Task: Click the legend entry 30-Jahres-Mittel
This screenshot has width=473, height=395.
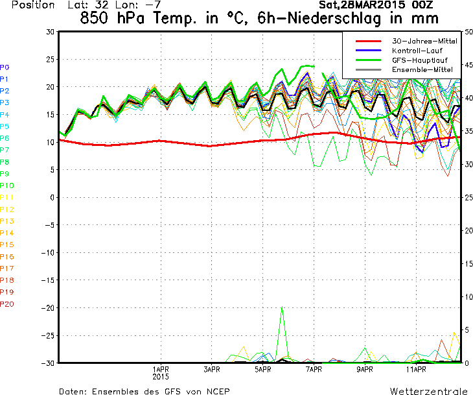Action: (424, 41)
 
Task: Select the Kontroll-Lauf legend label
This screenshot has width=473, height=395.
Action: (417, 51)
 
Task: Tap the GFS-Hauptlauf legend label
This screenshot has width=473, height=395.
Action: (420, 60)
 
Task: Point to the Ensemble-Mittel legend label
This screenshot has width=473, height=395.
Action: (422, 70)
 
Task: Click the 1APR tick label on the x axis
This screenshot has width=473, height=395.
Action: (161, 370)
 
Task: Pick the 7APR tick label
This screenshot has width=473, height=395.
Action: (314, 370)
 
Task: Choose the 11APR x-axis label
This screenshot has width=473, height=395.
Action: (416, 370)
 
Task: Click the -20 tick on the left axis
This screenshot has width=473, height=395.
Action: (48, 308)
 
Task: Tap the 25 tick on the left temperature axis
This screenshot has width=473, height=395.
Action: (51, 60)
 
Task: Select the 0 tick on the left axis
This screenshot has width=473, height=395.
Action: (52, 197)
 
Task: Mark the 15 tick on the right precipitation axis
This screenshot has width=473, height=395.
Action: (468, 263)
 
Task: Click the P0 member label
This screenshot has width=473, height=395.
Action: (5, 67)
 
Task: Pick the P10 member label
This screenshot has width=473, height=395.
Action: (7, 186)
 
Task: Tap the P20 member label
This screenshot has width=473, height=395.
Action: (7, 304)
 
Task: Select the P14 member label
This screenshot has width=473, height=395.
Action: (7, 233)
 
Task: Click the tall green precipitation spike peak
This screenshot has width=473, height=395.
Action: (282, 307)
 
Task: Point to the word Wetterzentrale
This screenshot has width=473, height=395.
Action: (429, 391)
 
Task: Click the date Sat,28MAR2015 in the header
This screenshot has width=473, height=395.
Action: (362, 5)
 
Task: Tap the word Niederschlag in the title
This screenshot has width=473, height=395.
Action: (334, 18)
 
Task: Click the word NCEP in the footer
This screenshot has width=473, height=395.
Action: (218, 391)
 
